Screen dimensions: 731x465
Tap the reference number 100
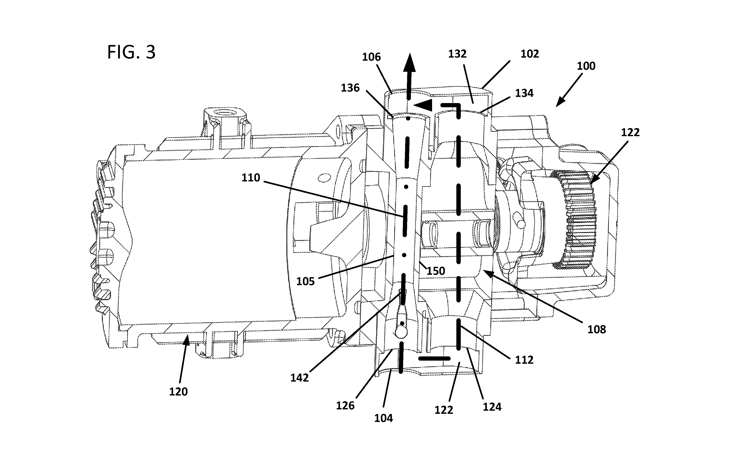[586, 66]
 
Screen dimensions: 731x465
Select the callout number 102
[530, 54]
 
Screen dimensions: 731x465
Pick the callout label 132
[457, 54]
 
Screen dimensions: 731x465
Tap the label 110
[251, 178]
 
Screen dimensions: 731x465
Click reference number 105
[305, 281]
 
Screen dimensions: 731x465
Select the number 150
[436, 271]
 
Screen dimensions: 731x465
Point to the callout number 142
[299, 378]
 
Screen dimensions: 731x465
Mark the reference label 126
[345, 405]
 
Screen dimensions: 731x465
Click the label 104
[383, 418]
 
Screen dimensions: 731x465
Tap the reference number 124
[492, 407]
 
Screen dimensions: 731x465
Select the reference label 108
[597, 329]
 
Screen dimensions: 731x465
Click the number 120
[178, 392]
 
